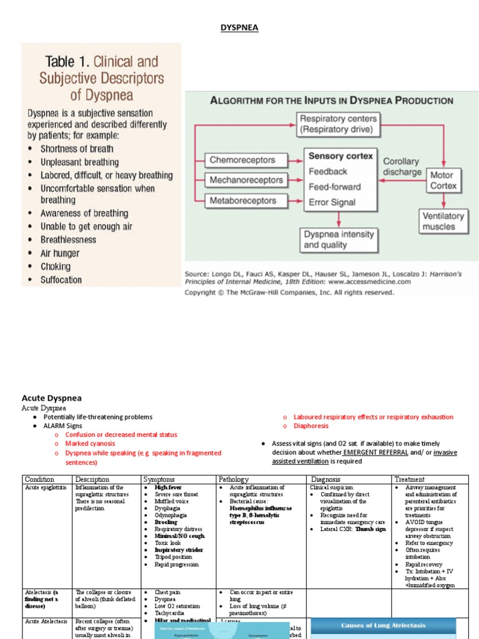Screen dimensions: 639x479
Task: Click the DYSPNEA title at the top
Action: (240, 28)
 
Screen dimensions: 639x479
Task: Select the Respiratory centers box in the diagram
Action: (338, 124)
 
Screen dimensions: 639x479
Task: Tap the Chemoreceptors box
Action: (242, 160)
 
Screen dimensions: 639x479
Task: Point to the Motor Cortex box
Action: (443, 180)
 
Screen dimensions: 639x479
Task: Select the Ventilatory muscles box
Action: (443, 221)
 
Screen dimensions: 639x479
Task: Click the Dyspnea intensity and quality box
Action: (338, 240)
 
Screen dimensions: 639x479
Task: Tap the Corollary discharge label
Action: (402, 166)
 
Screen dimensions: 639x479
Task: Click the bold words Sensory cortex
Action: (341, 156)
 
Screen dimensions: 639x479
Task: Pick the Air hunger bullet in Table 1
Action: (60, 253)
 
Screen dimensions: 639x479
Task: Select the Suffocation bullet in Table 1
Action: (61, 280)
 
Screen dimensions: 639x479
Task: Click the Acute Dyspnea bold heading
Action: (52, 398)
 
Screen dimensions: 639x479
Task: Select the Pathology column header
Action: (233, 479)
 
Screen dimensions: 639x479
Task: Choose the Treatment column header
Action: (409, 479)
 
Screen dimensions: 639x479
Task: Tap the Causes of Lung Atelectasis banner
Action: (382, 625)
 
